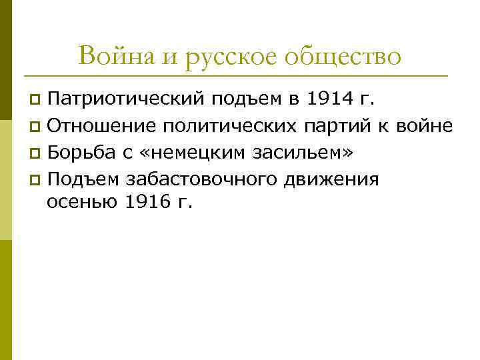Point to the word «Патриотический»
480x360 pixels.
coord(126,100)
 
